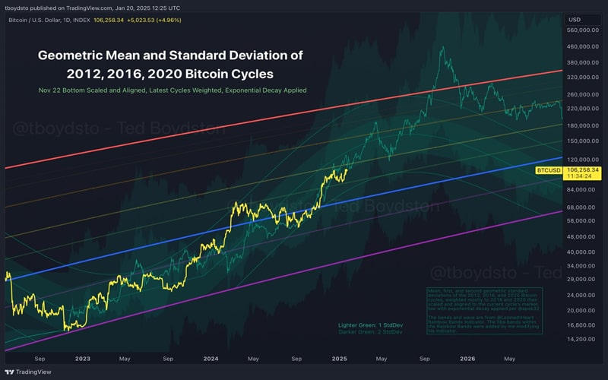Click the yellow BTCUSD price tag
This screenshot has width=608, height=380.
(x=549, y=170)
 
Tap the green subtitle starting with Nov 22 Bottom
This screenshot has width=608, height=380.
(x=172, y=90)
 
